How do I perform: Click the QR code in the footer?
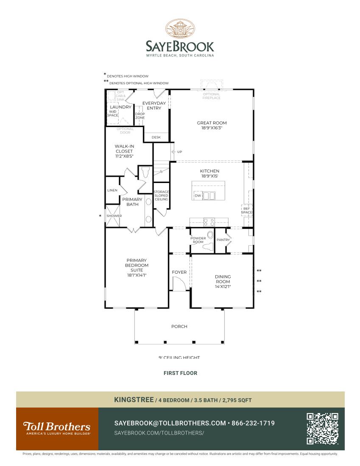322,429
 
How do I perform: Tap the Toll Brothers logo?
57,428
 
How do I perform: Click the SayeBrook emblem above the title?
180,29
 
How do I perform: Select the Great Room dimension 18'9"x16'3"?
212,128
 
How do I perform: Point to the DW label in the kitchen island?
198,196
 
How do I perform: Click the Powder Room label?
198,240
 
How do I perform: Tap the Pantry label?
223,240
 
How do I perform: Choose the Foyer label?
179,272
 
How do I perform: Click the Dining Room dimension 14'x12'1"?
223,287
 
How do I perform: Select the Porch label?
179,327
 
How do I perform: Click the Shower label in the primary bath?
114,216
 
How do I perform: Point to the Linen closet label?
112,190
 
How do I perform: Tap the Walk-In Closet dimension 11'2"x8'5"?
124,156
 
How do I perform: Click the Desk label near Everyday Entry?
156,137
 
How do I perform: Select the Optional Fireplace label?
211,96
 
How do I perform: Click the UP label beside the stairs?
180,152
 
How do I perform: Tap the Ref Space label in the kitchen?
247,211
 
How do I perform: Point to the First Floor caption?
180,373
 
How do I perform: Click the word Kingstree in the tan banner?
134,399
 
